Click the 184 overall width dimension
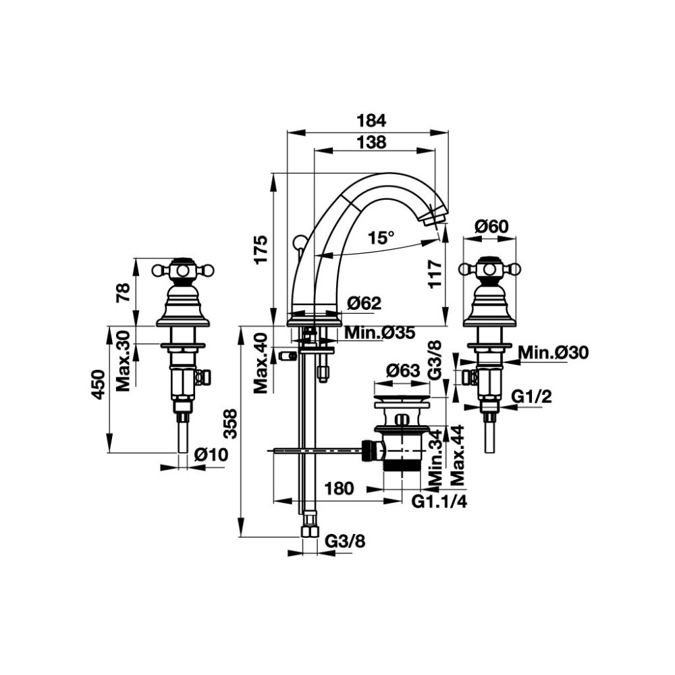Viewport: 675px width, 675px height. coord(371,121)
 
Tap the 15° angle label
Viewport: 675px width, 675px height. coord(381,238)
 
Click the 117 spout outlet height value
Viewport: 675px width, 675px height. coord(435,275)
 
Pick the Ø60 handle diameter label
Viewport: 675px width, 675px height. coord(491,227)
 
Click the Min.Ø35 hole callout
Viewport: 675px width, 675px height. coord(379,333)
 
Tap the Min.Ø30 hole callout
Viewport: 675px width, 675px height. coord(554,352)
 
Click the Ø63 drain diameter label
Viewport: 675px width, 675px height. coord(403,371)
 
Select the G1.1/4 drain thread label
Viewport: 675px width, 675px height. coord(440,501)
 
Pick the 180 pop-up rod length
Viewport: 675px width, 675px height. coord(338,489)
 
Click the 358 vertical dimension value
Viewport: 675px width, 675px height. coord(230,424)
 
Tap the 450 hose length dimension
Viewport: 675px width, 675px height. coord(98,385)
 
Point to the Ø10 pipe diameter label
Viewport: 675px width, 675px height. coord(210,456)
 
